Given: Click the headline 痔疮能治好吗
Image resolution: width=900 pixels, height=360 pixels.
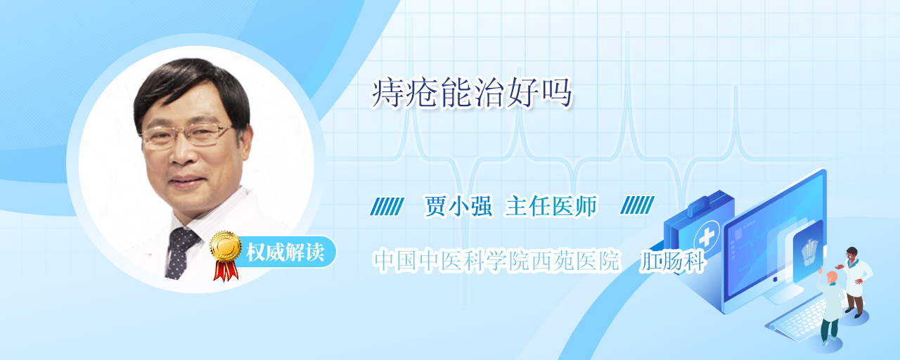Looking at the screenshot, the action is click(472, 94).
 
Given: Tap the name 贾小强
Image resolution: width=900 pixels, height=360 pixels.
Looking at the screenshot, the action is click(458, 207).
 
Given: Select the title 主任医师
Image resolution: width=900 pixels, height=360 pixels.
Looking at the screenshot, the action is click(551, 207).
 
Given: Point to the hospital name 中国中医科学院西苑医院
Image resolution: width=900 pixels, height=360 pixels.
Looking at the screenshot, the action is click(496, 261).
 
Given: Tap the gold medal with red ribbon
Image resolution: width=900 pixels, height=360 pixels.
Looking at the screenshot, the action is click(226, 255).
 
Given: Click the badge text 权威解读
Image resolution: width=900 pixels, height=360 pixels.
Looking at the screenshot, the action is click(285, 252).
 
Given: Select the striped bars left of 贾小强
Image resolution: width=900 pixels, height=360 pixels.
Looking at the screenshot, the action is click(387, 206).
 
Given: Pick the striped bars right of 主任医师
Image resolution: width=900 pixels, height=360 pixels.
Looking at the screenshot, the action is click(637, 205).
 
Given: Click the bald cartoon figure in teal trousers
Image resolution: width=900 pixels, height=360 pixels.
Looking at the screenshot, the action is click(830, 307).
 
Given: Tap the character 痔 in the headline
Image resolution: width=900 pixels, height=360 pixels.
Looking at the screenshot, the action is click(387, 94).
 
